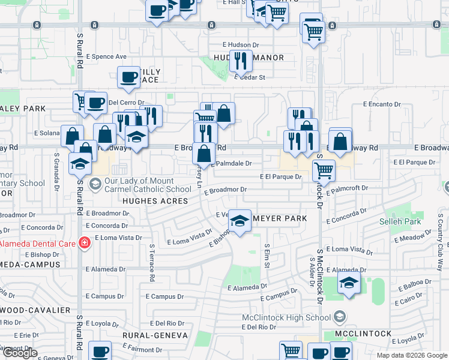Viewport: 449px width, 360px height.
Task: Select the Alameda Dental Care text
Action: [37, 242]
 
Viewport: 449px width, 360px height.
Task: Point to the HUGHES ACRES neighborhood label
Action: [155, 202]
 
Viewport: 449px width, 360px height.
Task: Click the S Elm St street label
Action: [267, 254]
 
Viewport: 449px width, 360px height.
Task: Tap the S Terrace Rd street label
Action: [152, 263]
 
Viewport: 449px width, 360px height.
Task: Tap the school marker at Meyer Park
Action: [240, 221]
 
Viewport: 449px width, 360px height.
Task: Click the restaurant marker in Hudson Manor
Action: [240, 61]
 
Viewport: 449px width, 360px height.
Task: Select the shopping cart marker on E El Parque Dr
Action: [324, 171]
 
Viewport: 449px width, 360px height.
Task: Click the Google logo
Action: [20, 353]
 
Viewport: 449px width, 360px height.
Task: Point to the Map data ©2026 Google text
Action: [411, 355]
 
